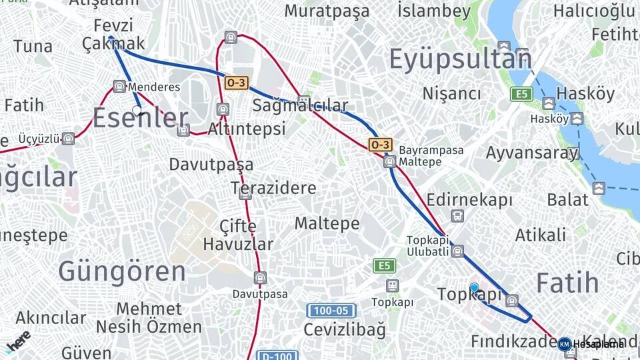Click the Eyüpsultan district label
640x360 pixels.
(460, 59)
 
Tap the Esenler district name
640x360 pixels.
(140, 119)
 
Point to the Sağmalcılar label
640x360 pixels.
(300, 105)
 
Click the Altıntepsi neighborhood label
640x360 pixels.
(247, 128)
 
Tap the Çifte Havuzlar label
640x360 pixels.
(238, 235)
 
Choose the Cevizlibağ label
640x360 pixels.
(345, 329)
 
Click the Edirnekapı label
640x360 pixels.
(469, 200)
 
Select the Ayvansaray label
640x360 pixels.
(531, 153)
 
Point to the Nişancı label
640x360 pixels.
(451, 93)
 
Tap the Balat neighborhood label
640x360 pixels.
(568, 199)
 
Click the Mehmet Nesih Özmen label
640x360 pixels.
(149, 318)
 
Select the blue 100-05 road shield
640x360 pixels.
(331, 311)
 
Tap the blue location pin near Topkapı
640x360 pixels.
(474, 288)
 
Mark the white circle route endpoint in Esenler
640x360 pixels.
(137, 110)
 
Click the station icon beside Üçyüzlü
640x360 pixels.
(67, 139)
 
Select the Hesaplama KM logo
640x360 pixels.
(565, 344)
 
